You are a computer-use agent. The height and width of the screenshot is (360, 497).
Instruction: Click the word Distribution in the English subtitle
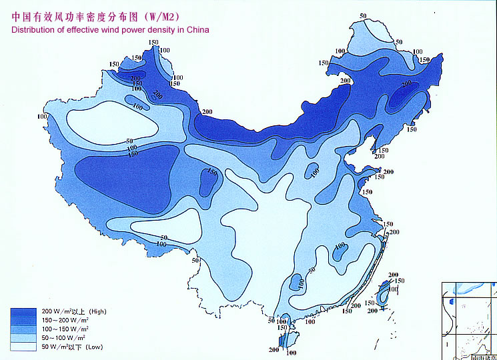(32, 30)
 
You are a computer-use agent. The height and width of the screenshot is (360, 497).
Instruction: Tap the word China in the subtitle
(197, 30)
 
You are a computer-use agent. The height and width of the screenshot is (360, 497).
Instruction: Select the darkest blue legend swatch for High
(24, 312)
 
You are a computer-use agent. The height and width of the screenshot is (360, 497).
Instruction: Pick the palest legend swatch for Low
(24, 347)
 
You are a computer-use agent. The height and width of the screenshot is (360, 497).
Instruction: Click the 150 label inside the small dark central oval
(212, 173)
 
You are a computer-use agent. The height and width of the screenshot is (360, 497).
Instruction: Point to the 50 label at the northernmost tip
(363, 15)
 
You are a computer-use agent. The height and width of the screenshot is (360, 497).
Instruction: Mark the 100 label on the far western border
(43, 117)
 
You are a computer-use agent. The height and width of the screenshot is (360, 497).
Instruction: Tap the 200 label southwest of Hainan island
(274, 350)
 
